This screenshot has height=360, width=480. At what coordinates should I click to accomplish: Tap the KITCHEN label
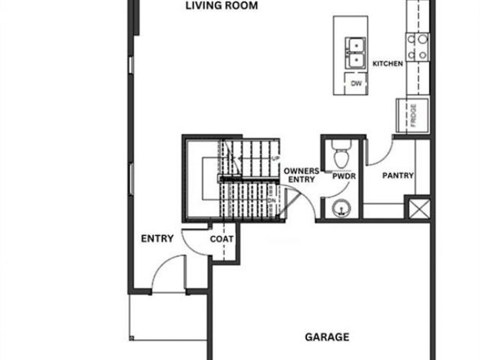pos(388,63)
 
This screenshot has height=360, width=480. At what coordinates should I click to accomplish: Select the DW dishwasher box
pos(356,84)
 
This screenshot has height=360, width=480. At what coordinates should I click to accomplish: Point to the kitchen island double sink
pos(355,53)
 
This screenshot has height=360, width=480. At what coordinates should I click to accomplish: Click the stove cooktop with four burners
pos(417,46)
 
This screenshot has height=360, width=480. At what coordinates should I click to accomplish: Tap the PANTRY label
pos(398,175)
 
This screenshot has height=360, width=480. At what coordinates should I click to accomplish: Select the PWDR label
pos(343,175)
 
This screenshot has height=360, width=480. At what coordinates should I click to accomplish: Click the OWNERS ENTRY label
pos(301,175)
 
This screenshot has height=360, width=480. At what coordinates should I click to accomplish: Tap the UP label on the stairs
pos(276,158)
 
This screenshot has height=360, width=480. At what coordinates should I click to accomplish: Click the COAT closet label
pos(221,239)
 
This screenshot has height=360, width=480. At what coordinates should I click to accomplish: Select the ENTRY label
pos(157,238)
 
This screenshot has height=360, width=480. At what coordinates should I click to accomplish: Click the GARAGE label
pos(327,337)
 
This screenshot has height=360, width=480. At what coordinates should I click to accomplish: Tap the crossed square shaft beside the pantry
pos(418,209)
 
